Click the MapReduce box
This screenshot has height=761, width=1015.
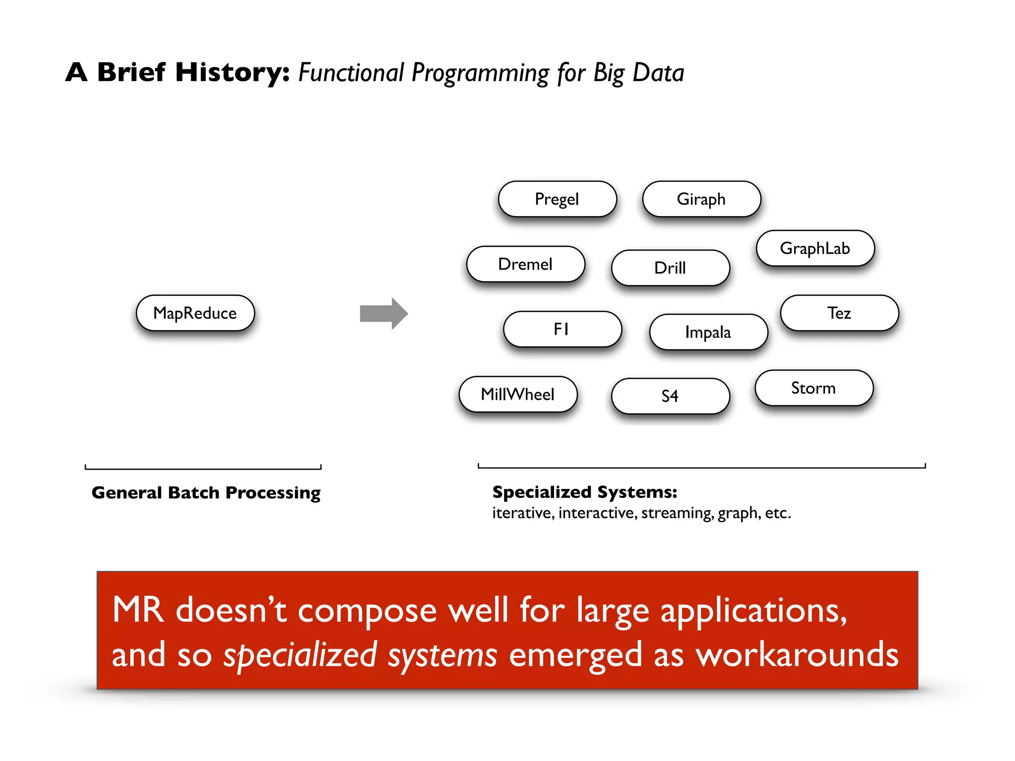pos(195,313)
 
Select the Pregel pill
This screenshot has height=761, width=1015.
pos(557,199)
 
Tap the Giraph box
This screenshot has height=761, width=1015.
pos(701,199)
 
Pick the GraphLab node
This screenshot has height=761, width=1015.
pos(815,248)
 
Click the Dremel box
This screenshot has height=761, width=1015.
pos(525,264)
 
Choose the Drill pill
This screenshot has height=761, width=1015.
pos(670,268)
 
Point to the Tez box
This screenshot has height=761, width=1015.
pos(839,313)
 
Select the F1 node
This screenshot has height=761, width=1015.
pos(562,329)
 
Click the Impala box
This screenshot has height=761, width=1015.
pos(708,332)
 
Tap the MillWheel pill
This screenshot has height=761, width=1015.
pos(518,394)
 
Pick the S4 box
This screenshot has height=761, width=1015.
pos(670,396)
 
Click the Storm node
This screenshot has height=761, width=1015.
pos(813,388)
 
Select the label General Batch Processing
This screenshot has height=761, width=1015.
pos(206,493)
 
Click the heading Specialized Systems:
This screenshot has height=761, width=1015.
pos(584,492)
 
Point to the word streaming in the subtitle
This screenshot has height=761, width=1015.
pos(677,513)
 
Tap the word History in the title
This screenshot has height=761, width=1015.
pos(232,72)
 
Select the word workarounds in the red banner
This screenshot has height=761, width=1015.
pos(797,655)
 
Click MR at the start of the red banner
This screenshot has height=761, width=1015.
pos(137,610)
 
